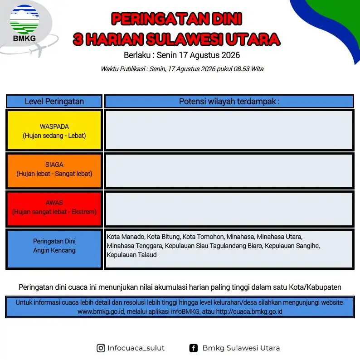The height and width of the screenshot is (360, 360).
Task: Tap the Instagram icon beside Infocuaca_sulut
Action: [101, 348]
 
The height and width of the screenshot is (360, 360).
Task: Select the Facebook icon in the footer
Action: [193, 348]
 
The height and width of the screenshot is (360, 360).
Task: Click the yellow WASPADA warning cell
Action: [54, 130]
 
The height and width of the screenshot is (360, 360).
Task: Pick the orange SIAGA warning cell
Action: [54, 170]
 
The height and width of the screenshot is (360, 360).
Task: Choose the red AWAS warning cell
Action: [54, 209]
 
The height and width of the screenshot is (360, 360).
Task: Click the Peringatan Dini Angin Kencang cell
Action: [54, 249]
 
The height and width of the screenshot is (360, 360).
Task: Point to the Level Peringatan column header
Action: [54, 101]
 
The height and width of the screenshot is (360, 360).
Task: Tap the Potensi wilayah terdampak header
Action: [229, 101]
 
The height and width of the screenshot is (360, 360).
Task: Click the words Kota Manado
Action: [126, 237]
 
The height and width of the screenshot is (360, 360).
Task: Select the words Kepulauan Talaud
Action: [131, 255]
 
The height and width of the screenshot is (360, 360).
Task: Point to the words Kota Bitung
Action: [164, 237]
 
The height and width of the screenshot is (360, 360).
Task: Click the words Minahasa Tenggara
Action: [135, 246]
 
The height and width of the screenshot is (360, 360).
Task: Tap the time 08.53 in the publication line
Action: [241, 69]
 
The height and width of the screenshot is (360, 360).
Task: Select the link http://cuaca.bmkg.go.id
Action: [249, 311]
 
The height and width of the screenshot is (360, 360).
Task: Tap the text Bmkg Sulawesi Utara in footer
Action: [241, 348]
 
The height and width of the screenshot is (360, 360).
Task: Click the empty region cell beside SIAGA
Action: [229, 170]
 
